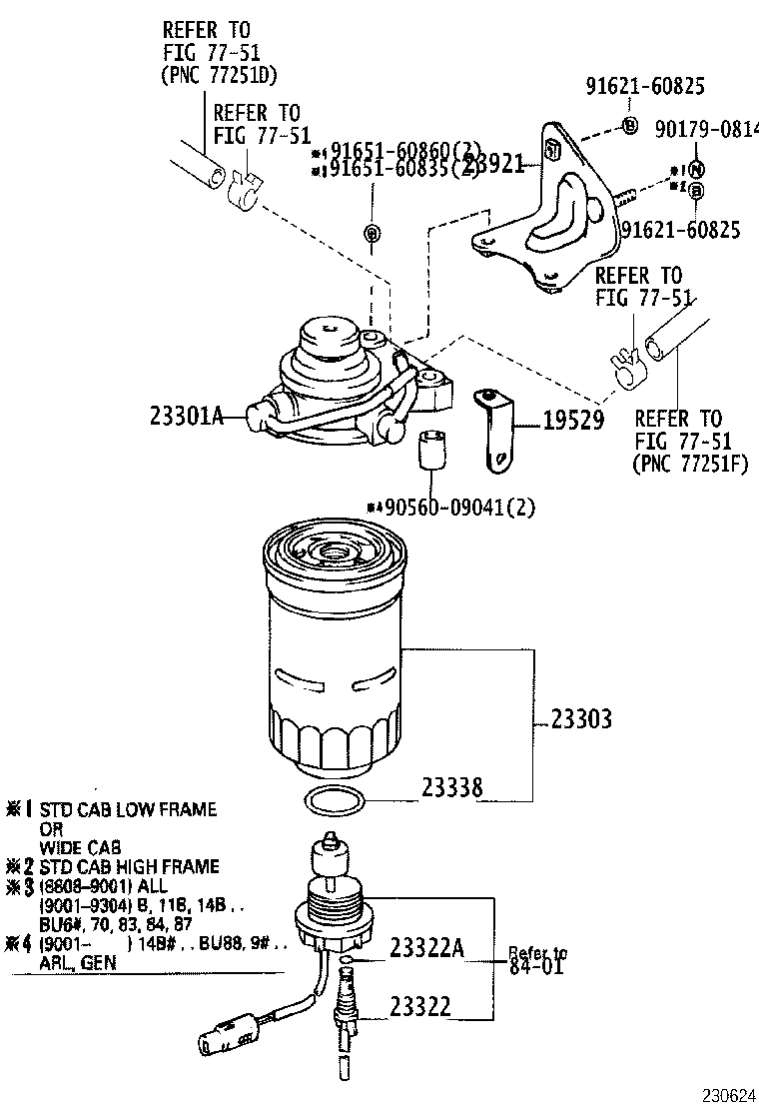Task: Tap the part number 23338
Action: [x=451, y=788]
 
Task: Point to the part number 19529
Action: [x=573, y=421]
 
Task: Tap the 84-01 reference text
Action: [x=536, y=967]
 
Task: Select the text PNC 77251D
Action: [x=219, y=74]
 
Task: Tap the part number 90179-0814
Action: [x=706, y=129]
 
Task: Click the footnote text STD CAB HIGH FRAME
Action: [x=129, y=866]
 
